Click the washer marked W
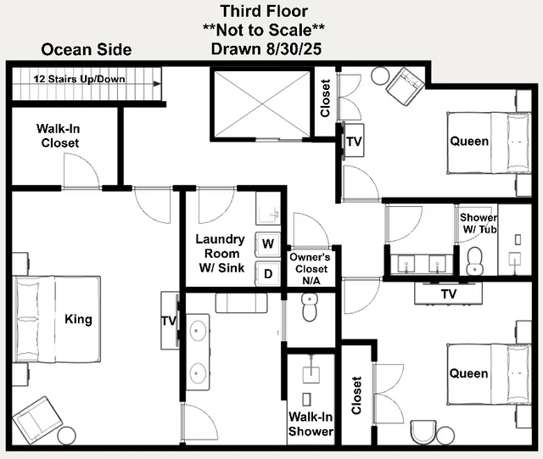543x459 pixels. point(268,243)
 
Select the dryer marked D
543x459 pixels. point(268,274)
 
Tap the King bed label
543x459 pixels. point(79,319)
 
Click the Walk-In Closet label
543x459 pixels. point(59,136)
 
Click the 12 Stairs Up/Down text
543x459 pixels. point(79,79)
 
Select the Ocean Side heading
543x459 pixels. point(87,49)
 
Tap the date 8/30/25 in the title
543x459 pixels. point(294,49)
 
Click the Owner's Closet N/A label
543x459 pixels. point(311,269)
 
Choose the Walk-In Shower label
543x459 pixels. point(311,424)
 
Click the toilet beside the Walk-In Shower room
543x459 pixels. point(309,308)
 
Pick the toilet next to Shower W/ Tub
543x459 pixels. point(473,260)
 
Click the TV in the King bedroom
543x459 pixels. point(170,321)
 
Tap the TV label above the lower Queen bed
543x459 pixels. point(449,294)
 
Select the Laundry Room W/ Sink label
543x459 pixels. point(221,254)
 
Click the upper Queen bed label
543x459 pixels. point(469,142)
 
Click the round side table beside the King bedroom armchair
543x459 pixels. point(66,435)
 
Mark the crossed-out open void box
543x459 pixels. point(262,104)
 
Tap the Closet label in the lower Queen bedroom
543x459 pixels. point(356,395)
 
